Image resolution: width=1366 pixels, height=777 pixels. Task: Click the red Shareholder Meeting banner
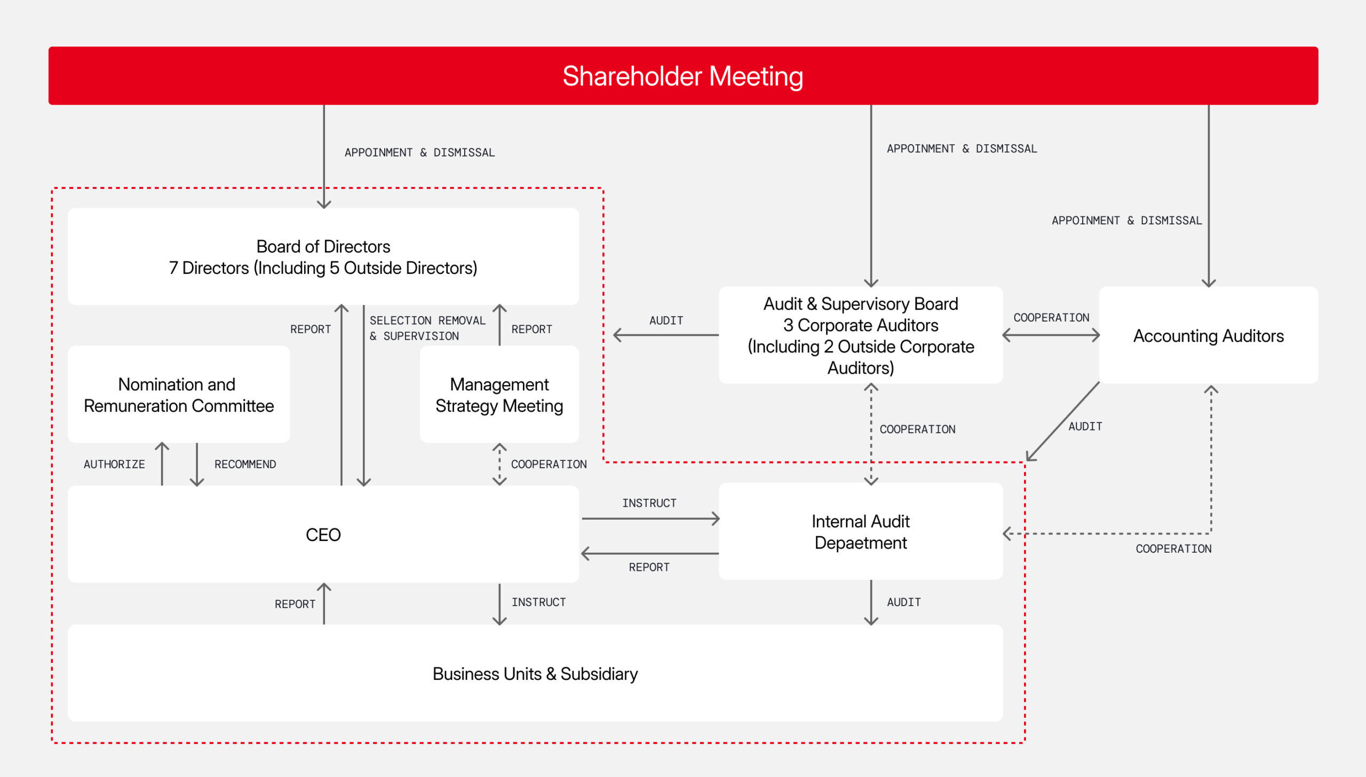point(683,75)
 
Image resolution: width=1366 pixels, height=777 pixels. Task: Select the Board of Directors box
point(323,256)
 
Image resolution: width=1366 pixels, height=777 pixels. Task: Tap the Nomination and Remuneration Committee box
point(179,394)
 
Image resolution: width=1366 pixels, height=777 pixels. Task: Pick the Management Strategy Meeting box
point(499,394)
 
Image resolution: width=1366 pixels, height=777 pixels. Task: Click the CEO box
point(323,534)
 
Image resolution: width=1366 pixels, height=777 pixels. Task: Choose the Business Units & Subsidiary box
point(535,673)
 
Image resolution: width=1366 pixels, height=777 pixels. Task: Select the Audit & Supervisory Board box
point(861,335)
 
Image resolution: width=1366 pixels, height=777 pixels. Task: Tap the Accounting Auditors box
point(1209,335)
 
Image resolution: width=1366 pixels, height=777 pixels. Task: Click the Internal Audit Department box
point(861,531)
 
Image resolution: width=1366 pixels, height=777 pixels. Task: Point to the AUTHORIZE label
point(114,464)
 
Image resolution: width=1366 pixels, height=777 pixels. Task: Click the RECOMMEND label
point(245,464)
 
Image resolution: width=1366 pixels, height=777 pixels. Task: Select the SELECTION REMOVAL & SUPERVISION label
point(427,328)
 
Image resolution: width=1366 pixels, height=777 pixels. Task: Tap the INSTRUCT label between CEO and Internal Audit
point(649,503)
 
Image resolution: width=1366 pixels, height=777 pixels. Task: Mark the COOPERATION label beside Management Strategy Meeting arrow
point(549,464)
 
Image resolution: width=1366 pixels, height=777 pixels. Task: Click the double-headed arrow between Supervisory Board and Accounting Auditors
point(1051,335)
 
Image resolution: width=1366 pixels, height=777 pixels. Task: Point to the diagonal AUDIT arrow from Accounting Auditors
point(1063,421)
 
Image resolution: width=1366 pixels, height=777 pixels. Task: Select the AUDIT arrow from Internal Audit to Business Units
point(871,602)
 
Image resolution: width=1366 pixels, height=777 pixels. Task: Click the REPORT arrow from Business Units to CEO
point(324,603)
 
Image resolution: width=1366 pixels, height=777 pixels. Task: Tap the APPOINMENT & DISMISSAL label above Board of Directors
point(420,152)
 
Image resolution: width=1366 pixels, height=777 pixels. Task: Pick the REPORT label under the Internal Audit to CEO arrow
point(649,567)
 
